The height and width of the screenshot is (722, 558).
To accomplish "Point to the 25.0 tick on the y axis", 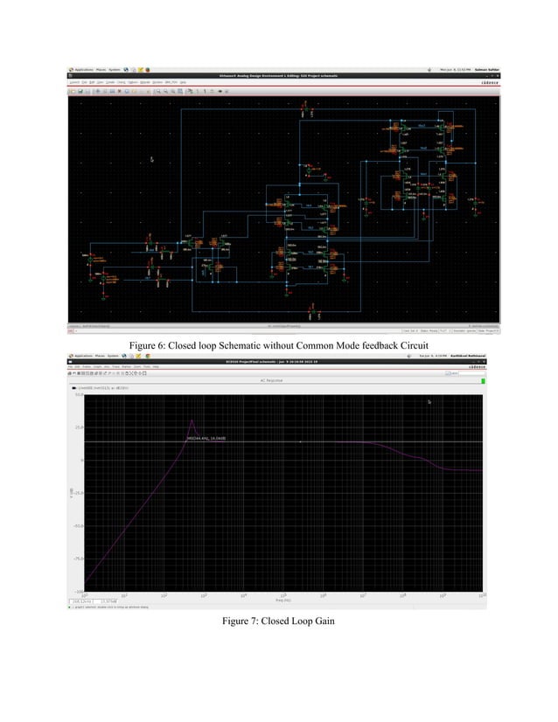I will pos(77,427).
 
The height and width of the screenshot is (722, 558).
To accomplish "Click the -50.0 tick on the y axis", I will pos(77,526).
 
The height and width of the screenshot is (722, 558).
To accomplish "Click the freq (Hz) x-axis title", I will pos(282,601).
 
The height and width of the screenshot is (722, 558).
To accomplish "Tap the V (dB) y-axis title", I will pos(71,494).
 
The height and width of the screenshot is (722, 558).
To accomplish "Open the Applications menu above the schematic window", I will pos(83,69).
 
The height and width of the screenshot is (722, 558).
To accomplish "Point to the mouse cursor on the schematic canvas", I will pos(152,159).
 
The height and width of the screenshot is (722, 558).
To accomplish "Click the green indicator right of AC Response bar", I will pos(482,380).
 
